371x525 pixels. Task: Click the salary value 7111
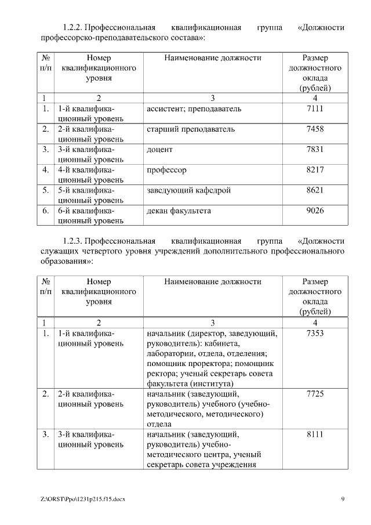pos(315,108)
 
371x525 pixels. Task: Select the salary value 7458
pos(315,129)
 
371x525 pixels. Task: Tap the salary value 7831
pos(315,149)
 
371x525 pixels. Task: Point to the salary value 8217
pos(315,170)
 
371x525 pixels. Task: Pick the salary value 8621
pos(315,190)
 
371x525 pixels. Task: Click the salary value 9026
pos(315,211)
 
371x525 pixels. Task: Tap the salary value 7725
pos(315,394)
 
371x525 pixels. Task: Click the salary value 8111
pos(315,434)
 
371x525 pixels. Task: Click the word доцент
pos(160,149)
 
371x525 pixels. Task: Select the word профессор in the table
pos(168,170)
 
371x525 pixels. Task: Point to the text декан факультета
pos(179,211)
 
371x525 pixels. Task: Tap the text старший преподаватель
pos(191,129)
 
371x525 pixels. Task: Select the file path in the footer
pos(83,499)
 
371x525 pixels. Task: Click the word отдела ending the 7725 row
pos(159,424)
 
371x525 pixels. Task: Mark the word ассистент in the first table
pos(164,108)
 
